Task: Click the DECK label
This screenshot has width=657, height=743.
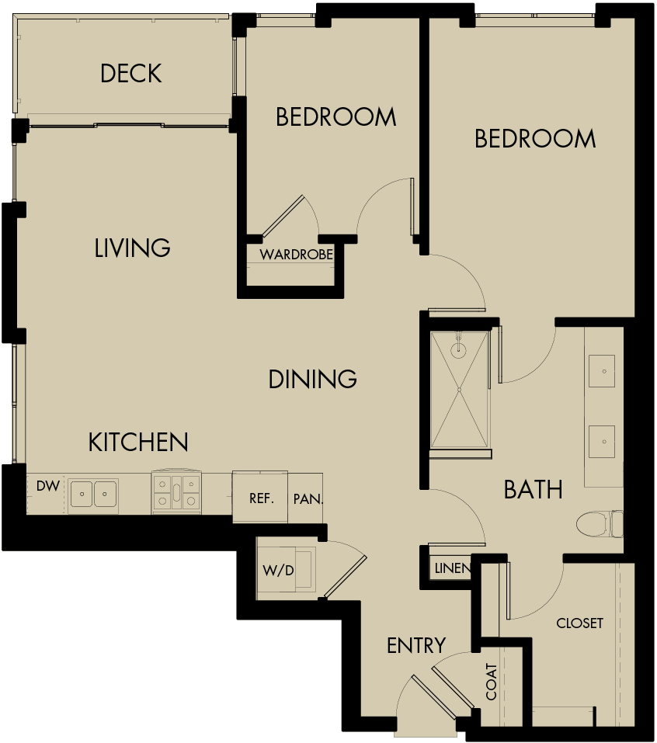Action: [131, 74]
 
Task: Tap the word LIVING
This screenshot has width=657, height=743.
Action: [132, 248]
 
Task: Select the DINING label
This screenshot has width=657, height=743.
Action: [312, 379]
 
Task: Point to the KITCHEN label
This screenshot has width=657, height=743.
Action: [138, 443]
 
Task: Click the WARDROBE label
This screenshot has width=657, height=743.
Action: [296, 255]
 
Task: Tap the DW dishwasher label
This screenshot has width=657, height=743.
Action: [47, 487]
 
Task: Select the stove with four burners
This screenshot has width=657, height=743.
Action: [177, 492]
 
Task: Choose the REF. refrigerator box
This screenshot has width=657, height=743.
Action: [261, 498]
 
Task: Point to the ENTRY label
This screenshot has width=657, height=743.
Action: [416, 645]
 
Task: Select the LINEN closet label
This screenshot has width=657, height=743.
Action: [451, 568]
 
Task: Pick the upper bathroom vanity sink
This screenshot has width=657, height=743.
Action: [603, 371]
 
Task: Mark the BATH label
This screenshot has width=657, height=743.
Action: [533, 489]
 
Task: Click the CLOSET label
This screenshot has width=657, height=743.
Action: [579, 623]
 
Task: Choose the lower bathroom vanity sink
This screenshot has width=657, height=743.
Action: [603, 440]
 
